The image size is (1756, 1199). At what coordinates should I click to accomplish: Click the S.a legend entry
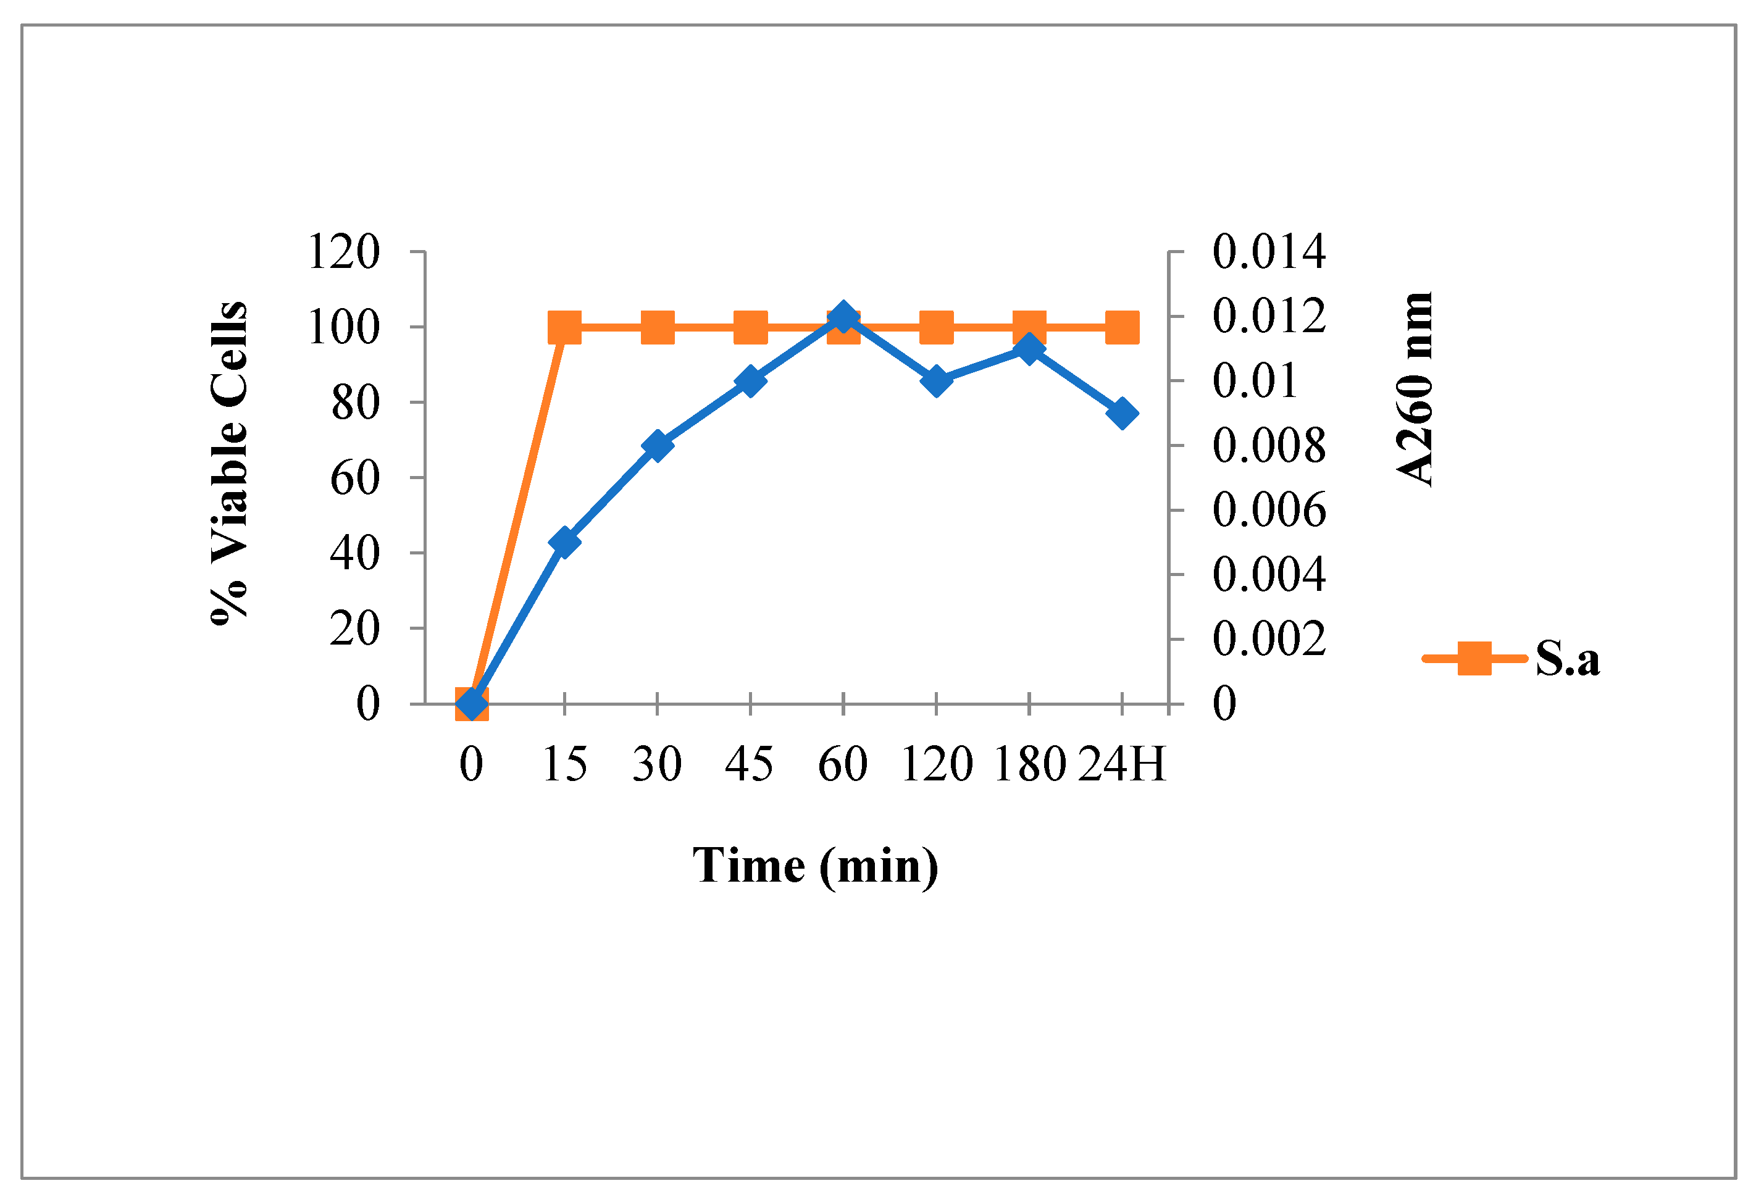(1511, 658)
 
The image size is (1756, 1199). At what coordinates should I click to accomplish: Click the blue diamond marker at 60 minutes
(843, 317)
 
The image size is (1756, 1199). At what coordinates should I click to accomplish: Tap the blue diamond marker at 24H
(1122, 413)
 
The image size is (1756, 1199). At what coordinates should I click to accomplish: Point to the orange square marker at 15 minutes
(564, 327)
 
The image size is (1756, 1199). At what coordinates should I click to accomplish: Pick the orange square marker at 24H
(1122, 327)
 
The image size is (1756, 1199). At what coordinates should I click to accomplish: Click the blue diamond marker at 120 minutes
(936, 380)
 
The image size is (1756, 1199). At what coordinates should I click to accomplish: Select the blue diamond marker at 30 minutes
(658, 446)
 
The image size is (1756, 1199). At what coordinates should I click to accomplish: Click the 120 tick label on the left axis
(343, 251)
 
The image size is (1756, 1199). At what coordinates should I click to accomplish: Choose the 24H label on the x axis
(1121, 764)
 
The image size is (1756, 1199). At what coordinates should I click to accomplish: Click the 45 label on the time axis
(750, 764)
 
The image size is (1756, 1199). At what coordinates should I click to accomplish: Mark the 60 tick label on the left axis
(354, 478)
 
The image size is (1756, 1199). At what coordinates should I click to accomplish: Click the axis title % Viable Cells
(229, 462)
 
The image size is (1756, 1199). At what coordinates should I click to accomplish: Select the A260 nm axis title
(1414, 388)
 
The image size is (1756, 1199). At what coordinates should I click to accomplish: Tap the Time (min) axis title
(815, 866)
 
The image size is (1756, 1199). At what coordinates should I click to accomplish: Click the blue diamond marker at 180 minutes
(1029, 348)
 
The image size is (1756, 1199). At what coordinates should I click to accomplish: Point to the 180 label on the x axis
(1029, 764)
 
